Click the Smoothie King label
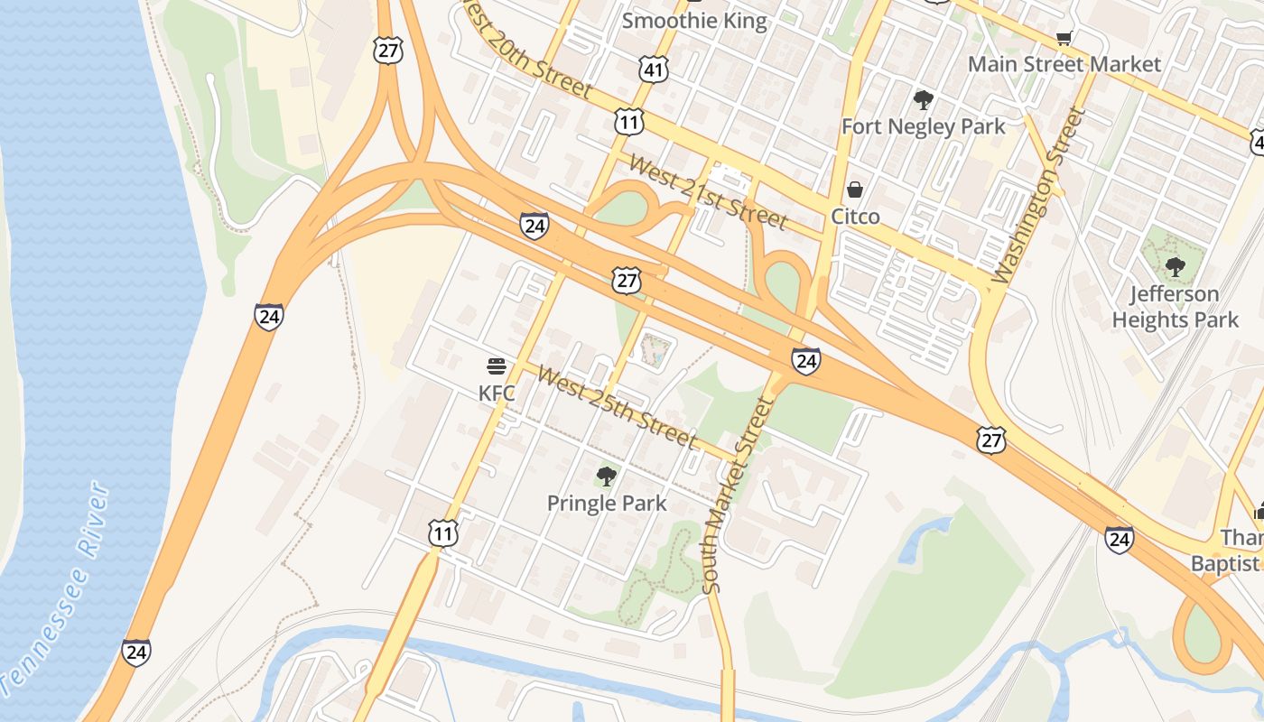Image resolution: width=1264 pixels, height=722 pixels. point(694,21)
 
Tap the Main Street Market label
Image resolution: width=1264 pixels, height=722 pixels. point(1064,64)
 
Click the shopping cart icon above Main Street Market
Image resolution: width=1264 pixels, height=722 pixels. point(1064,38)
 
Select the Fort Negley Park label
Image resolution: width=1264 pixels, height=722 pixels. point(923,126)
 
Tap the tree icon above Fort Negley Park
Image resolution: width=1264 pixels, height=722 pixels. point(923,99)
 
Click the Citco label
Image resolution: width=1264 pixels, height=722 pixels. point(855,217)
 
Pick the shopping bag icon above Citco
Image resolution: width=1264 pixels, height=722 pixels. point(855,190)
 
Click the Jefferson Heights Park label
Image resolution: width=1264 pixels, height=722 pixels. point(1175,307)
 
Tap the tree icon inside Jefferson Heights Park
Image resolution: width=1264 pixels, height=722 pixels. point(1175,266)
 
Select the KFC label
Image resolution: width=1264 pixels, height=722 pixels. point(497,393)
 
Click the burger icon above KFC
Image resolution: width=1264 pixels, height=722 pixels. point(497,366)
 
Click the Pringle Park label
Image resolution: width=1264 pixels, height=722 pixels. point(607,504)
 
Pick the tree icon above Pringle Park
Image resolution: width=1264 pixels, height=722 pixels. point(607,476)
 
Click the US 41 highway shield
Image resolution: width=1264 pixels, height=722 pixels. point(655,69)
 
